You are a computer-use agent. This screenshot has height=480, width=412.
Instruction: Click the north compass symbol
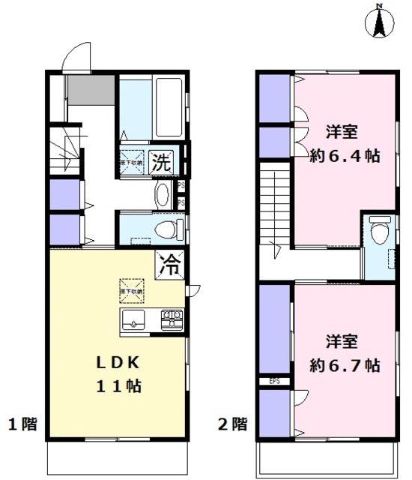(381, 22)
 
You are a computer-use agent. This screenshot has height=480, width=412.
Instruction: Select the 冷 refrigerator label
(172, 263)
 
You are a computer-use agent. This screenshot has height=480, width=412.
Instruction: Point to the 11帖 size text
(117, 387)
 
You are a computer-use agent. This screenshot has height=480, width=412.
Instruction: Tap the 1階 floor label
(22, 424)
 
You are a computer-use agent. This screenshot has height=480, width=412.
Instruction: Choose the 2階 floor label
(233, 424)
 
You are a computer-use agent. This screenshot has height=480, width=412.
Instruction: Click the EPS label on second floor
(275, 381)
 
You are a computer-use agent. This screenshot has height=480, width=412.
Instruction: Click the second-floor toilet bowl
(381, 232)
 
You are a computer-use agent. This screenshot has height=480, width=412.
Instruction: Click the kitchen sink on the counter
(134, 320)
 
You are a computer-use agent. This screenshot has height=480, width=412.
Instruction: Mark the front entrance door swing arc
(75, 55)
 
